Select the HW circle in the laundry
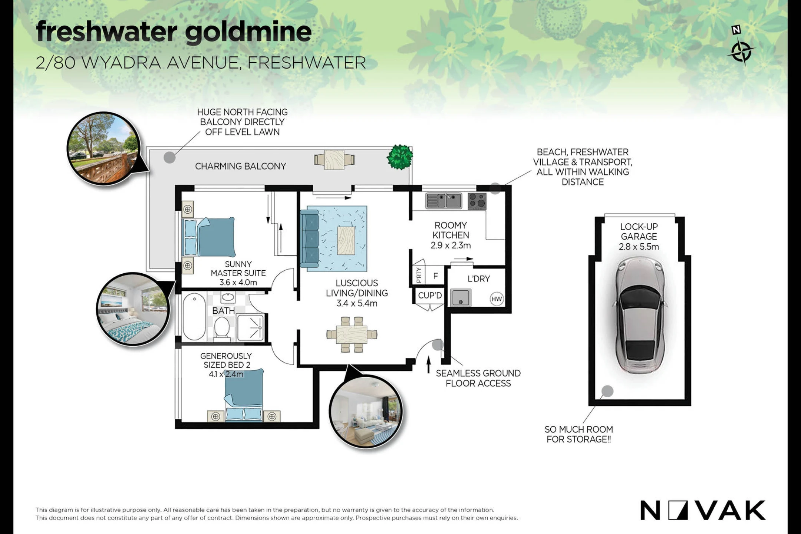[x=497, y=299]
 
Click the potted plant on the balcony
[x=400, y=157]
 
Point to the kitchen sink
[x=444, y=201]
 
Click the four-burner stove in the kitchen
[x=477, y=201]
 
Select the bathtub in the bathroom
[x=194, y=317]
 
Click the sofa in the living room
[x=309, y=238]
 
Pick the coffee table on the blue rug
[x=346, y=241]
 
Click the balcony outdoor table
[x=334, y=159]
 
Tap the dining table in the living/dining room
[x=352, y=334]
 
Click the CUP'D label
[x=430, y=296]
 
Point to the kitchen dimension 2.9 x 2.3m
[x=451, y=245]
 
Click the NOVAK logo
[x=703, y=510]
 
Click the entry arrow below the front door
[x=429, y=365]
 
